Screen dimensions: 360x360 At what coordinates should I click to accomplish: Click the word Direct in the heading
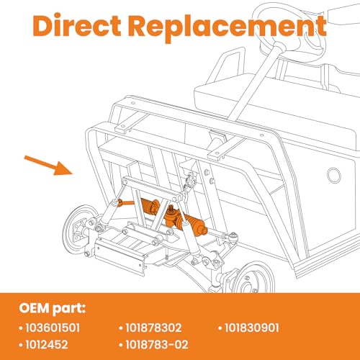[x=76, y=25]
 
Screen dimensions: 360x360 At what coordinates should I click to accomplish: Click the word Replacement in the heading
[x=227, y=27]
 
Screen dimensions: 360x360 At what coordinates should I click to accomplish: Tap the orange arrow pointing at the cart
[x=48, y=166]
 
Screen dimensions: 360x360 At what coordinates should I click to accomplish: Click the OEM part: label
[x=52, y=308]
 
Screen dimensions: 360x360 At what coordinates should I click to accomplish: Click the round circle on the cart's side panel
[x=334, y=175]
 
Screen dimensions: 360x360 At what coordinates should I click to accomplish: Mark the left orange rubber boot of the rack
[x=148, y=206]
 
